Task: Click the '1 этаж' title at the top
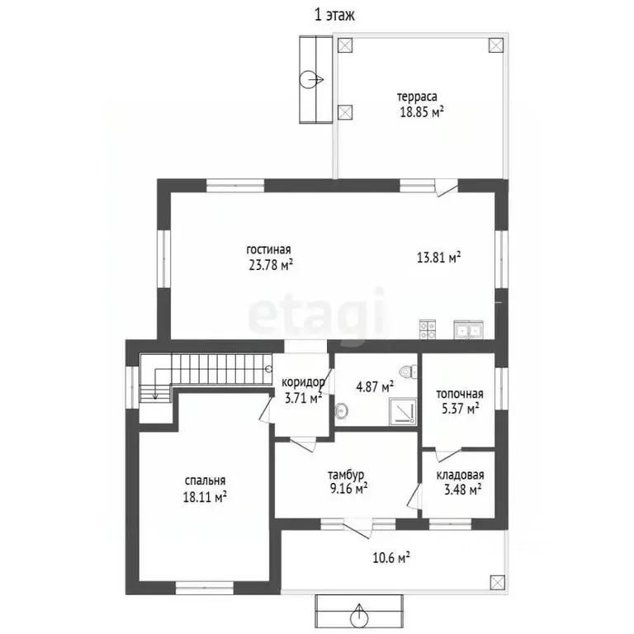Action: [x=334, y=15]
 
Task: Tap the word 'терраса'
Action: [x=416, y=97]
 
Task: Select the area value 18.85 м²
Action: [x=421, y=111]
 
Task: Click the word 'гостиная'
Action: [x=268, y=249]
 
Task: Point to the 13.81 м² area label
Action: [x=438, y=258]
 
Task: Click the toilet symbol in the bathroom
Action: [x=409, y=371]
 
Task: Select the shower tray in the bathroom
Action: [x=403, y=411]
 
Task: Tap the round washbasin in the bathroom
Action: [x=341, y=411]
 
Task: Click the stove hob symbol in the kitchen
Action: [x=428, y=329]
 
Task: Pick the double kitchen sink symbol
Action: [x=468, y=329]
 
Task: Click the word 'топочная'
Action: [x=459, y=394]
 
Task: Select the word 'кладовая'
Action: [x=460, y=475]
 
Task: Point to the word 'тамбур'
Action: [x=346, y=475]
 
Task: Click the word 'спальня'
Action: [x=205, y=481]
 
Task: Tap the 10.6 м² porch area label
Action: [x=391, y=558]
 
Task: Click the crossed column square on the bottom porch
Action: [x=497, y=582]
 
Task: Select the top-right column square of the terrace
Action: [x=496, y=45]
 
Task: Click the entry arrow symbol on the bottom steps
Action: [x=359, y=616]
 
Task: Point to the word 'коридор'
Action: [x=303, y=382]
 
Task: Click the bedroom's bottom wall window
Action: [x=205, y=588]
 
